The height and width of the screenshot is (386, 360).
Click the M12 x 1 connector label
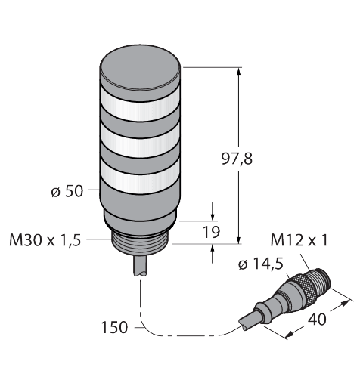298,241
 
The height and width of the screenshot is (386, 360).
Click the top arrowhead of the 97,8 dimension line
241,73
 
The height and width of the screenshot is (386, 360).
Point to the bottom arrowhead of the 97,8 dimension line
241,238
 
